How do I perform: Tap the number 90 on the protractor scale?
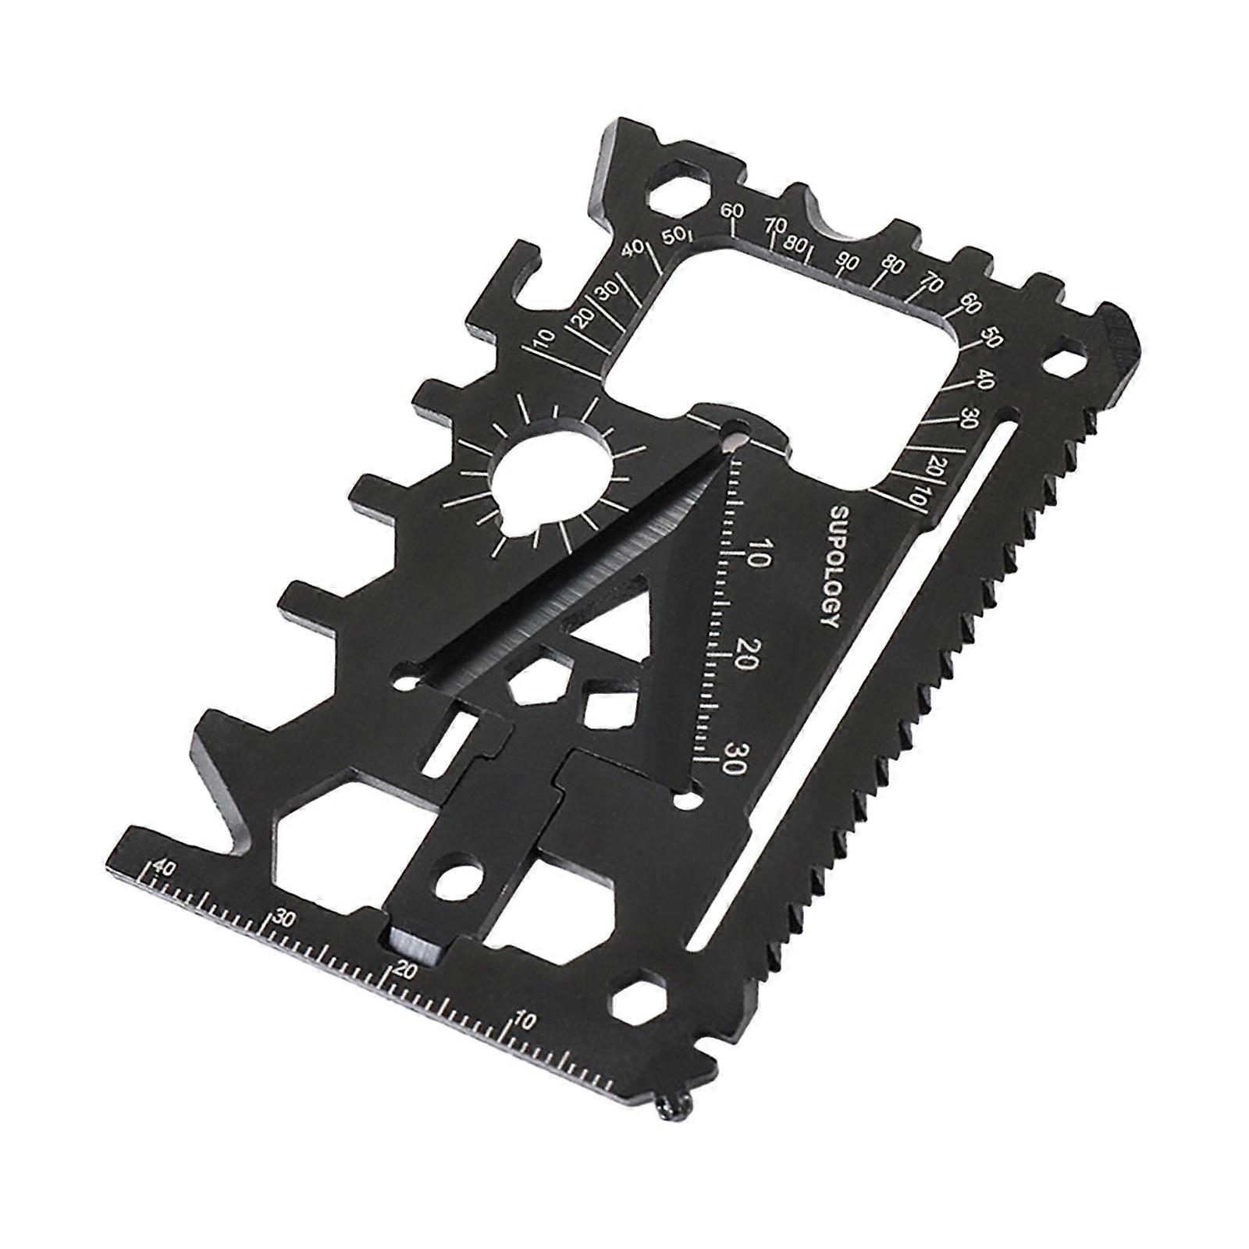[846, 260]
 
